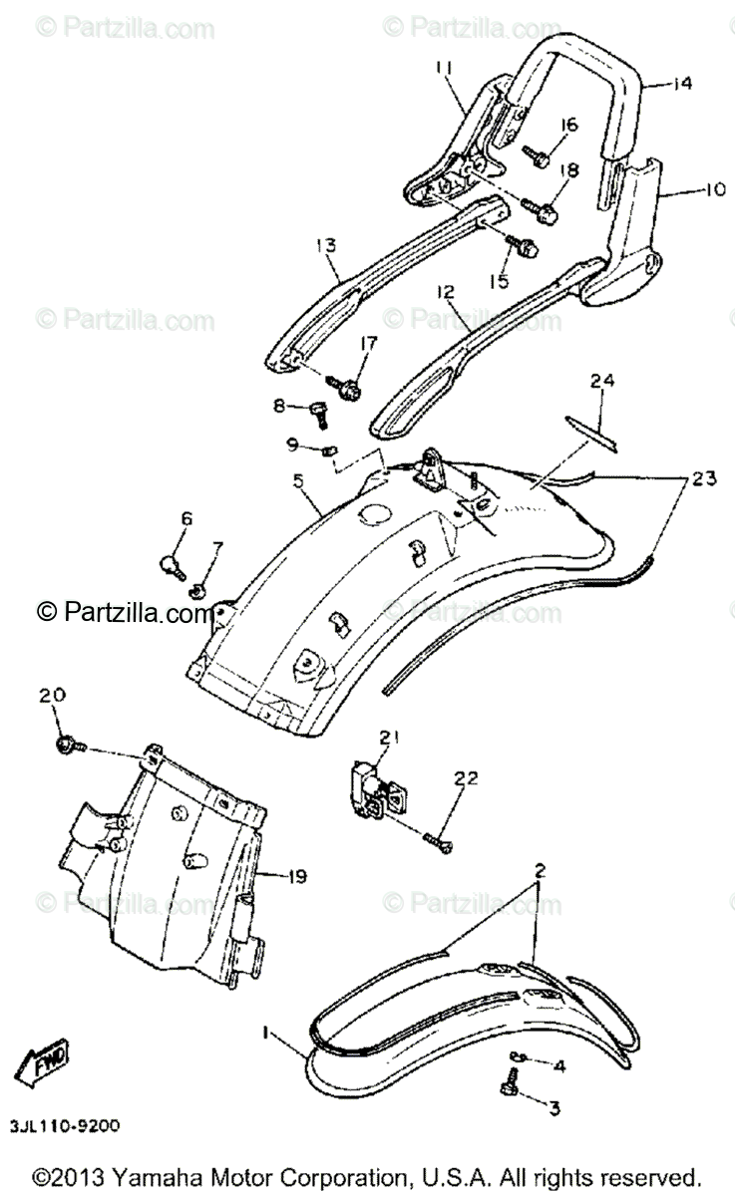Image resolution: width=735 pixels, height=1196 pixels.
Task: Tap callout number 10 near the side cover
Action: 687,188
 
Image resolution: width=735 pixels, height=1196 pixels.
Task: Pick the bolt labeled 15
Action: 523,243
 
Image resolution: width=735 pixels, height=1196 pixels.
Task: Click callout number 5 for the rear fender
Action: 297,480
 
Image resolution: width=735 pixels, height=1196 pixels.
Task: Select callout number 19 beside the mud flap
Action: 296,876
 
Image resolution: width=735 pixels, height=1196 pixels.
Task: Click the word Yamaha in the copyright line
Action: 146,1176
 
